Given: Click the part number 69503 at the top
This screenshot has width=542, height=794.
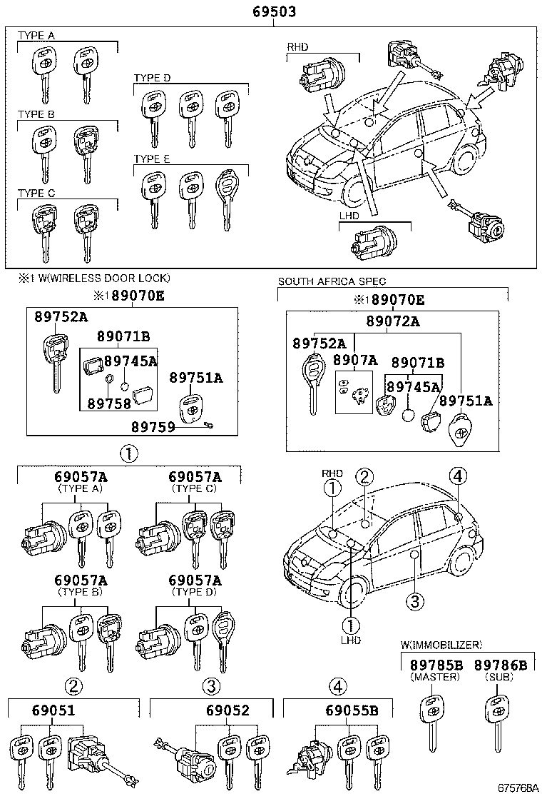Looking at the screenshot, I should point(274,12).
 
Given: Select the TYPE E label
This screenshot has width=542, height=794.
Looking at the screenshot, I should point(151,159).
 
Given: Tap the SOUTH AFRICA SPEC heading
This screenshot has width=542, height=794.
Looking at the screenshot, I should point(332,282).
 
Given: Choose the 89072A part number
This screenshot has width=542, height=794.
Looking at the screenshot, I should point(393,322).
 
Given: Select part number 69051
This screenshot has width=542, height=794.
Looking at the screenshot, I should point(53,710).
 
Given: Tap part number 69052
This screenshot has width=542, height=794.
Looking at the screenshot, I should point(227,710).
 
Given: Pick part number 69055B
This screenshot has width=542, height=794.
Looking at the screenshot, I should point(351,710).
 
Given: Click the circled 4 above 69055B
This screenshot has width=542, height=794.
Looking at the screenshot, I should point(338,687).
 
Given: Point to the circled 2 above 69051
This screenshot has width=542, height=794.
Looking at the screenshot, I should point(74,687).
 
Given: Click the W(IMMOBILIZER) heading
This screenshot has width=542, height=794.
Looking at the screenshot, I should point(441,645).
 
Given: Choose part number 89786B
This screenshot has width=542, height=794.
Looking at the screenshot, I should point(500,665).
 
